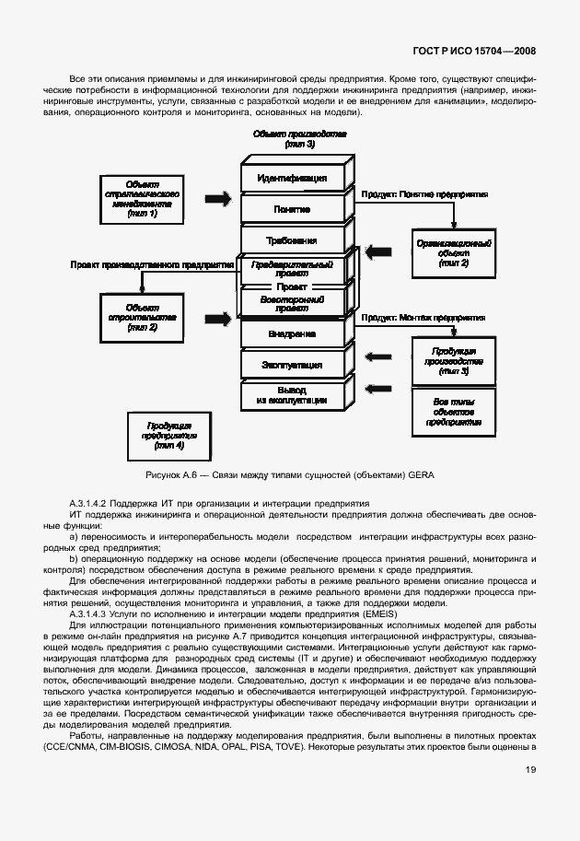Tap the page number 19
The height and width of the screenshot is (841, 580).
(x=531, y=796)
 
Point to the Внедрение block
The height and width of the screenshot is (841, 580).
(x=292, y=333)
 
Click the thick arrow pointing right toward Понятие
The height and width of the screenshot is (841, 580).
(x=217, y=198)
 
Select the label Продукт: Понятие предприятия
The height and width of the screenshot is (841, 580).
(x=423, y=195)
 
